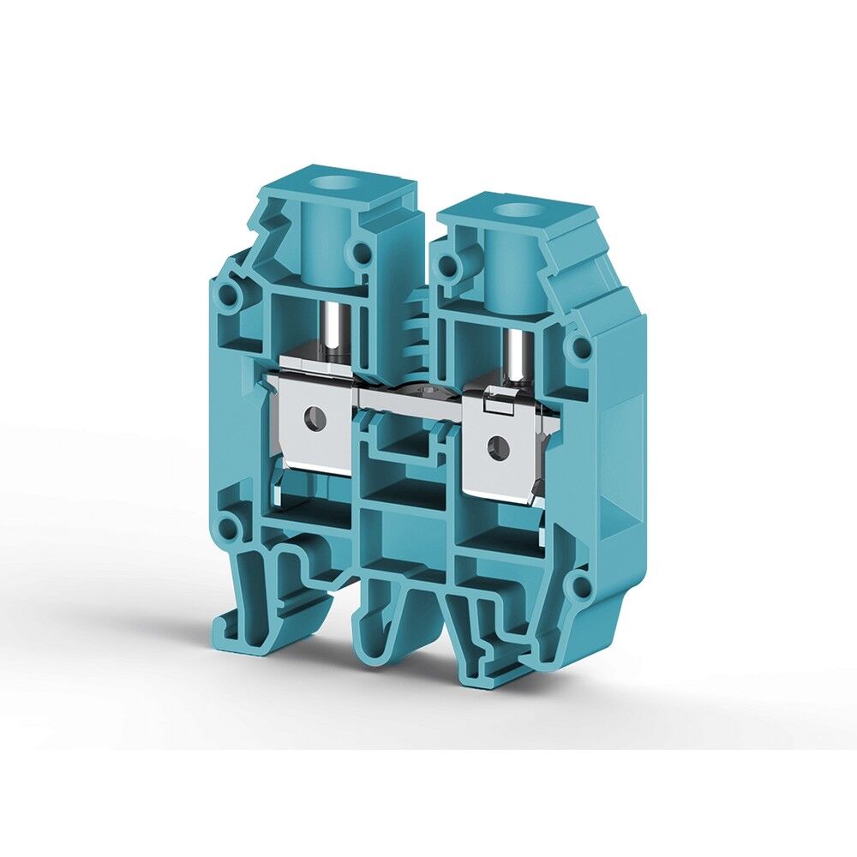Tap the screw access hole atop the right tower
tap(513, 209)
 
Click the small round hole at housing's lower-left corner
tap(226, 525)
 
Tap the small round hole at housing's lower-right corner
tap(580, 586)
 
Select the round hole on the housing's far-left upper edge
tap(228, 295)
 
